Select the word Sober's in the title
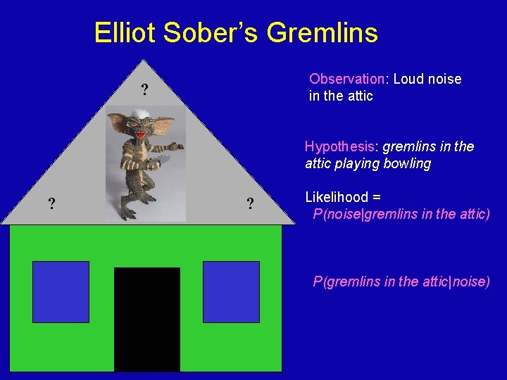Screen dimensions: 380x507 tap(208, 33)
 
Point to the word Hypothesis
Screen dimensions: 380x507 tap(339, 146)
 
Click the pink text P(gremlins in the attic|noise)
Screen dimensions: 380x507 tap(401, 281)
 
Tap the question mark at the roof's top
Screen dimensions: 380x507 tap(144, 90)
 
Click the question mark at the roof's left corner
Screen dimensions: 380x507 tap(51, 205)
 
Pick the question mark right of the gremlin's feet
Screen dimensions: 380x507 tap(250, 205)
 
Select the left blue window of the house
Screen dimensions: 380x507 tap(61, 292)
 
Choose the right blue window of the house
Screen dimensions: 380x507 tap(231, 292)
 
